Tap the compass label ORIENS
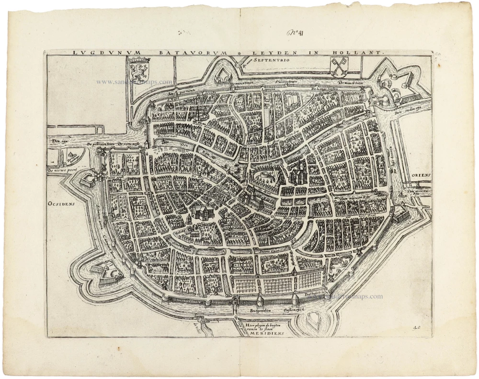tap(421, 175)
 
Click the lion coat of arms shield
tap(139, 68)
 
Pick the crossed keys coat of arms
tap(339, 66)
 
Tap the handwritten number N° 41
tap(297, 33)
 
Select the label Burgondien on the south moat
tap(261, 311)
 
